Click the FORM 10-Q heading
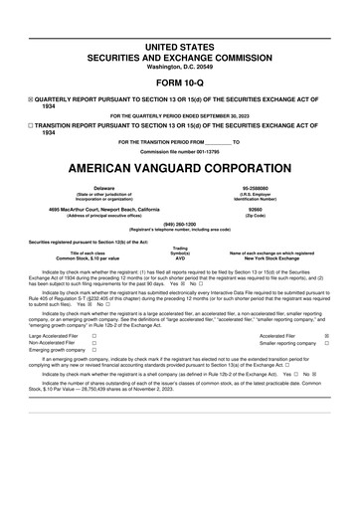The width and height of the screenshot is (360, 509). click(x=179, y=83)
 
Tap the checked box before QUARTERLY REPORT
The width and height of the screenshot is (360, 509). click(x=31, y=100)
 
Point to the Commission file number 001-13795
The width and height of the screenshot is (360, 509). click(x=179, y=149)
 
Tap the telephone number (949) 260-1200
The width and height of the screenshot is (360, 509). click(x=179, y=224)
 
